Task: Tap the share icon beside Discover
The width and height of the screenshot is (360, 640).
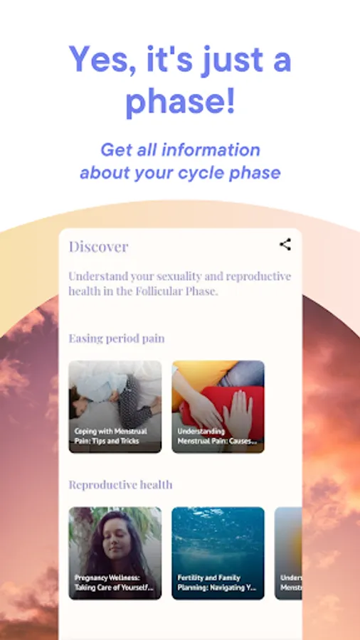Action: click(285, 245)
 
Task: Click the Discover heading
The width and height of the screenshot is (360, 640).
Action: click(98, 247)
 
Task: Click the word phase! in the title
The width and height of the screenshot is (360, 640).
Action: click(180, 102)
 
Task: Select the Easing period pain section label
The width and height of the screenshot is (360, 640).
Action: click(116, 338)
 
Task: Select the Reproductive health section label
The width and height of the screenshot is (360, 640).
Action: click(120, 485)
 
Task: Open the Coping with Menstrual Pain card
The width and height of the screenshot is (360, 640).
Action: click(115, 406)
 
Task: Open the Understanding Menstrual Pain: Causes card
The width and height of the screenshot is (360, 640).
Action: click(218, 406)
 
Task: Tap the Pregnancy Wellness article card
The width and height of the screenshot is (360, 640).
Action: click(115, 553)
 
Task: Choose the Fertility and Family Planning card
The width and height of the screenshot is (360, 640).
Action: click(218, 553)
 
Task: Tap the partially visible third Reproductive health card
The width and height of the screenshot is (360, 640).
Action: click(289, 553)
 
